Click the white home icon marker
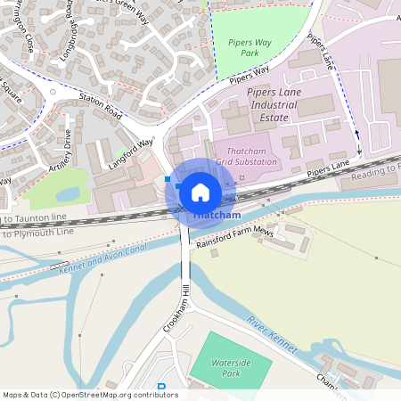click(200, 192)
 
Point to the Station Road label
click(100, 107)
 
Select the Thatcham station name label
click(214, 216)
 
